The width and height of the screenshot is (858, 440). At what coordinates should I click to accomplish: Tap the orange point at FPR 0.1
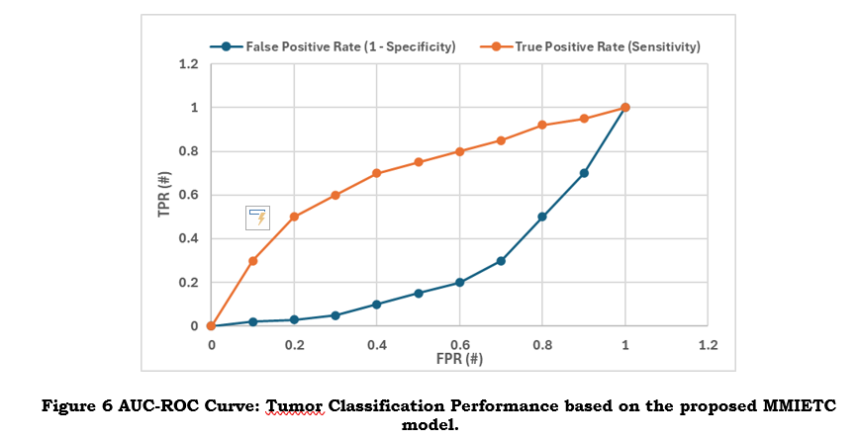pos(252,261)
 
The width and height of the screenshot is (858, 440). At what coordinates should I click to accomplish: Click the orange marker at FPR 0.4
pos(377,173)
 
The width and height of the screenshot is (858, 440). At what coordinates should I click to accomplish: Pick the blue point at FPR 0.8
pos(542,217)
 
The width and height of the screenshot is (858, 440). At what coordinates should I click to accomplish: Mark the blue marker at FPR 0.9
pos(584,173)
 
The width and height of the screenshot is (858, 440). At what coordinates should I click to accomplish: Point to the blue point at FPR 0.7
pos(501,261)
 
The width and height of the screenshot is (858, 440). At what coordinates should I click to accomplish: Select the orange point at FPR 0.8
pos(542,126)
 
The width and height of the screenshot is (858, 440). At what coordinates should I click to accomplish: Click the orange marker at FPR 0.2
pos(294,217)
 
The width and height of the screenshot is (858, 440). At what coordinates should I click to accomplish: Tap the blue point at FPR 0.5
pos(419,294)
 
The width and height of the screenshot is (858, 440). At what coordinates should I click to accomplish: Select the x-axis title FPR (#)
pos(459,359)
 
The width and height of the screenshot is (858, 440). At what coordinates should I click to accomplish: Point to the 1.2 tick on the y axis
pos(188,64)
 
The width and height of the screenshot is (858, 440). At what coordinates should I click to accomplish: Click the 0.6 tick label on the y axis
pos(188,195)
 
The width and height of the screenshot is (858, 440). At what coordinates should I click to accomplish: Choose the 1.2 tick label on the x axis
pos(708,345)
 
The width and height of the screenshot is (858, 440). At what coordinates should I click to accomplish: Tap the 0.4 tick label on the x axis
pos(377,345)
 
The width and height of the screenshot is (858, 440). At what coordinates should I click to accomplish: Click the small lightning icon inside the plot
pos(257,218)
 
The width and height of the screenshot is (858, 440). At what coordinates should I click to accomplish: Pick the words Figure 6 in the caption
pos(75,406)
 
